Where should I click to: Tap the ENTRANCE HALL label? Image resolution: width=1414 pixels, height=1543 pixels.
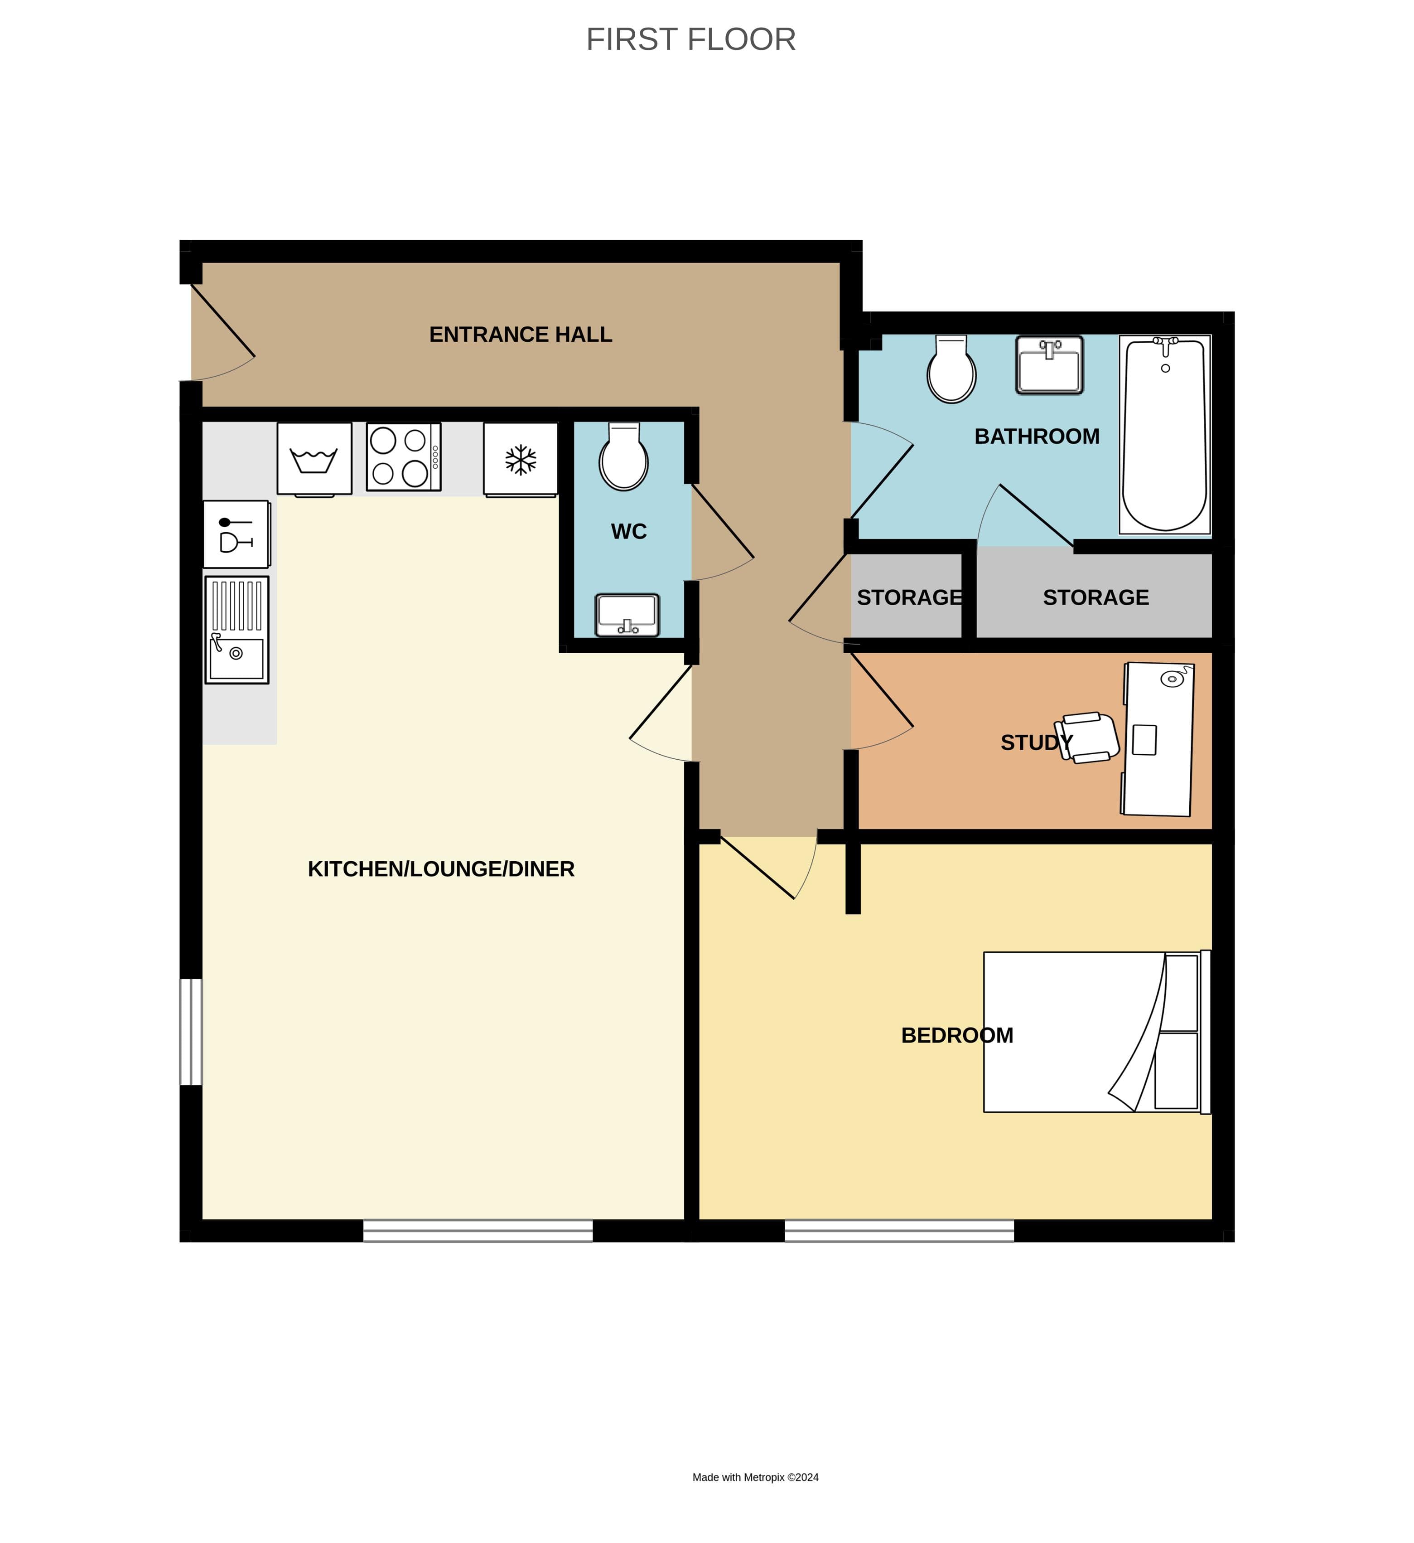[x=520, y=335]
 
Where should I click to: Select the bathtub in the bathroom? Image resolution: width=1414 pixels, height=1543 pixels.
[x=1164, y=434]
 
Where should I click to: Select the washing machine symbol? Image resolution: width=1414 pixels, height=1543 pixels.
[x=314, y=458]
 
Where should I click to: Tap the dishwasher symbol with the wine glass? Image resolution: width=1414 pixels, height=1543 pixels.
[x=236, y=534]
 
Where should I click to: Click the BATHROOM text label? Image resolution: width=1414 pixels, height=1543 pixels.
[x=1037, y=436]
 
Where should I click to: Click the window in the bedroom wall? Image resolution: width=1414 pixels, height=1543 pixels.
[x=898, y=1230]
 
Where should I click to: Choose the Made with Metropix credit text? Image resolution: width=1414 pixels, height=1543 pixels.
[x=755, y=1477]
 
